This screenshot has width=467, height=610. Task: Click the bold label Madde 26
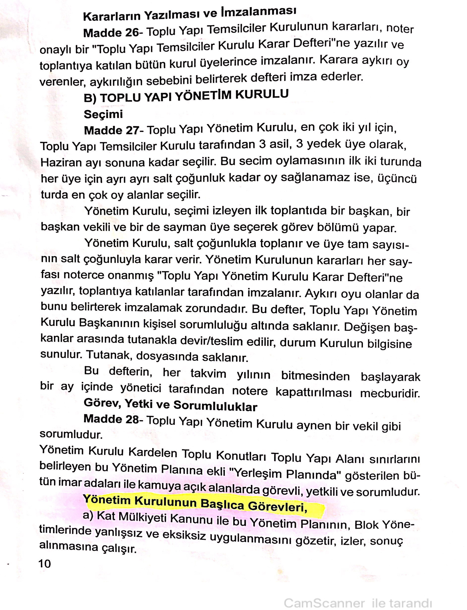(x=111, y=33)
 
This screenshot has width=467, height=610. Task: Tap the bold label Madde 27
(x=111, y=131)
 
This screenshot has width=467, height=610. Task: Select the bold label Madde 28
(x=111, y=419)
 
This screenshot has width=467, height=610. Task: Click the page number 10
(x=45, y=564)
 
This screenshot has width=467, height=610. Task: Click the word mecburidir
(x=390, y=393)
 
